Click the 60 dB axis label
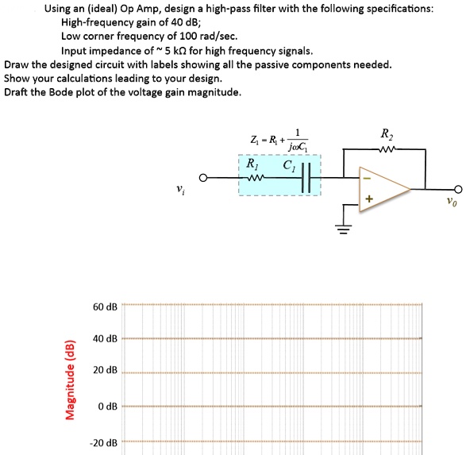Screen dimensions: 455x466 pos(106,307)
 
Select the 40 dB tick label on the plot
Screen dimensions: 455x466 pos(106,339)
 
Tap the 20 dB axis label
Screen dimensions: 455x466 pos(106,371)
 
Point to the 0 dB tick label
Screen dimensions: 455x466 pos(108,407)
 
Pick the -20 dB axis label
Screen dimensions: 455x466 pos(104,442)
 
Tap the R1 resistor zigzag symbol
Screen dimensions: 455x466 pos(253,178)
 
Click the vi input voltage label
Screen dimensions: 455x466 pos(182,190)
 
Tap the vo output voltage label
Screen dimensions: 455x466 pos(451,202)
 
